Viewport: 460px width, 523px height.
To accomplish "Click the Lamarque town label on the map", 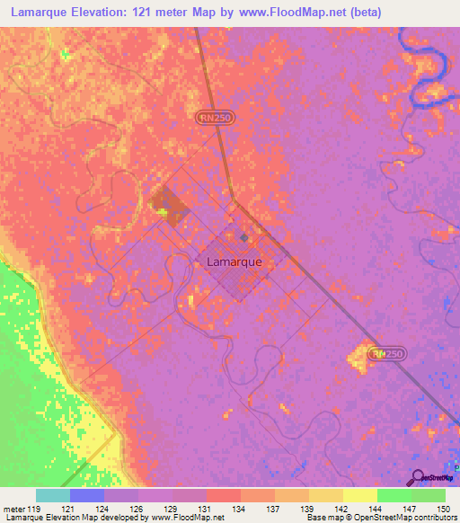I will click(234, 262).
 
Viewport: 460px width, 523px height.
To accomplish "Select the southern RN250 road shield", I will click(389, 355).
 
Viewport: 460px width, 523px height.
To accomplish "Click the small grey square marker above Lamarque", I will click(244, 238).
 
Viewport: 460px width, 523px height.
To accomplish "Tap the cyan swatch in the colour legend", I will click(53, 495).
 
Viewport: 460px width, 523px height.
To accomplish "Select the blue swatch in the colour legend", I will click(87, 495).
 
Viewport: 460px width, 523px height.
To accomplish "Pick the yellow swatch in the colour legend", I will click(359, 495).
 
